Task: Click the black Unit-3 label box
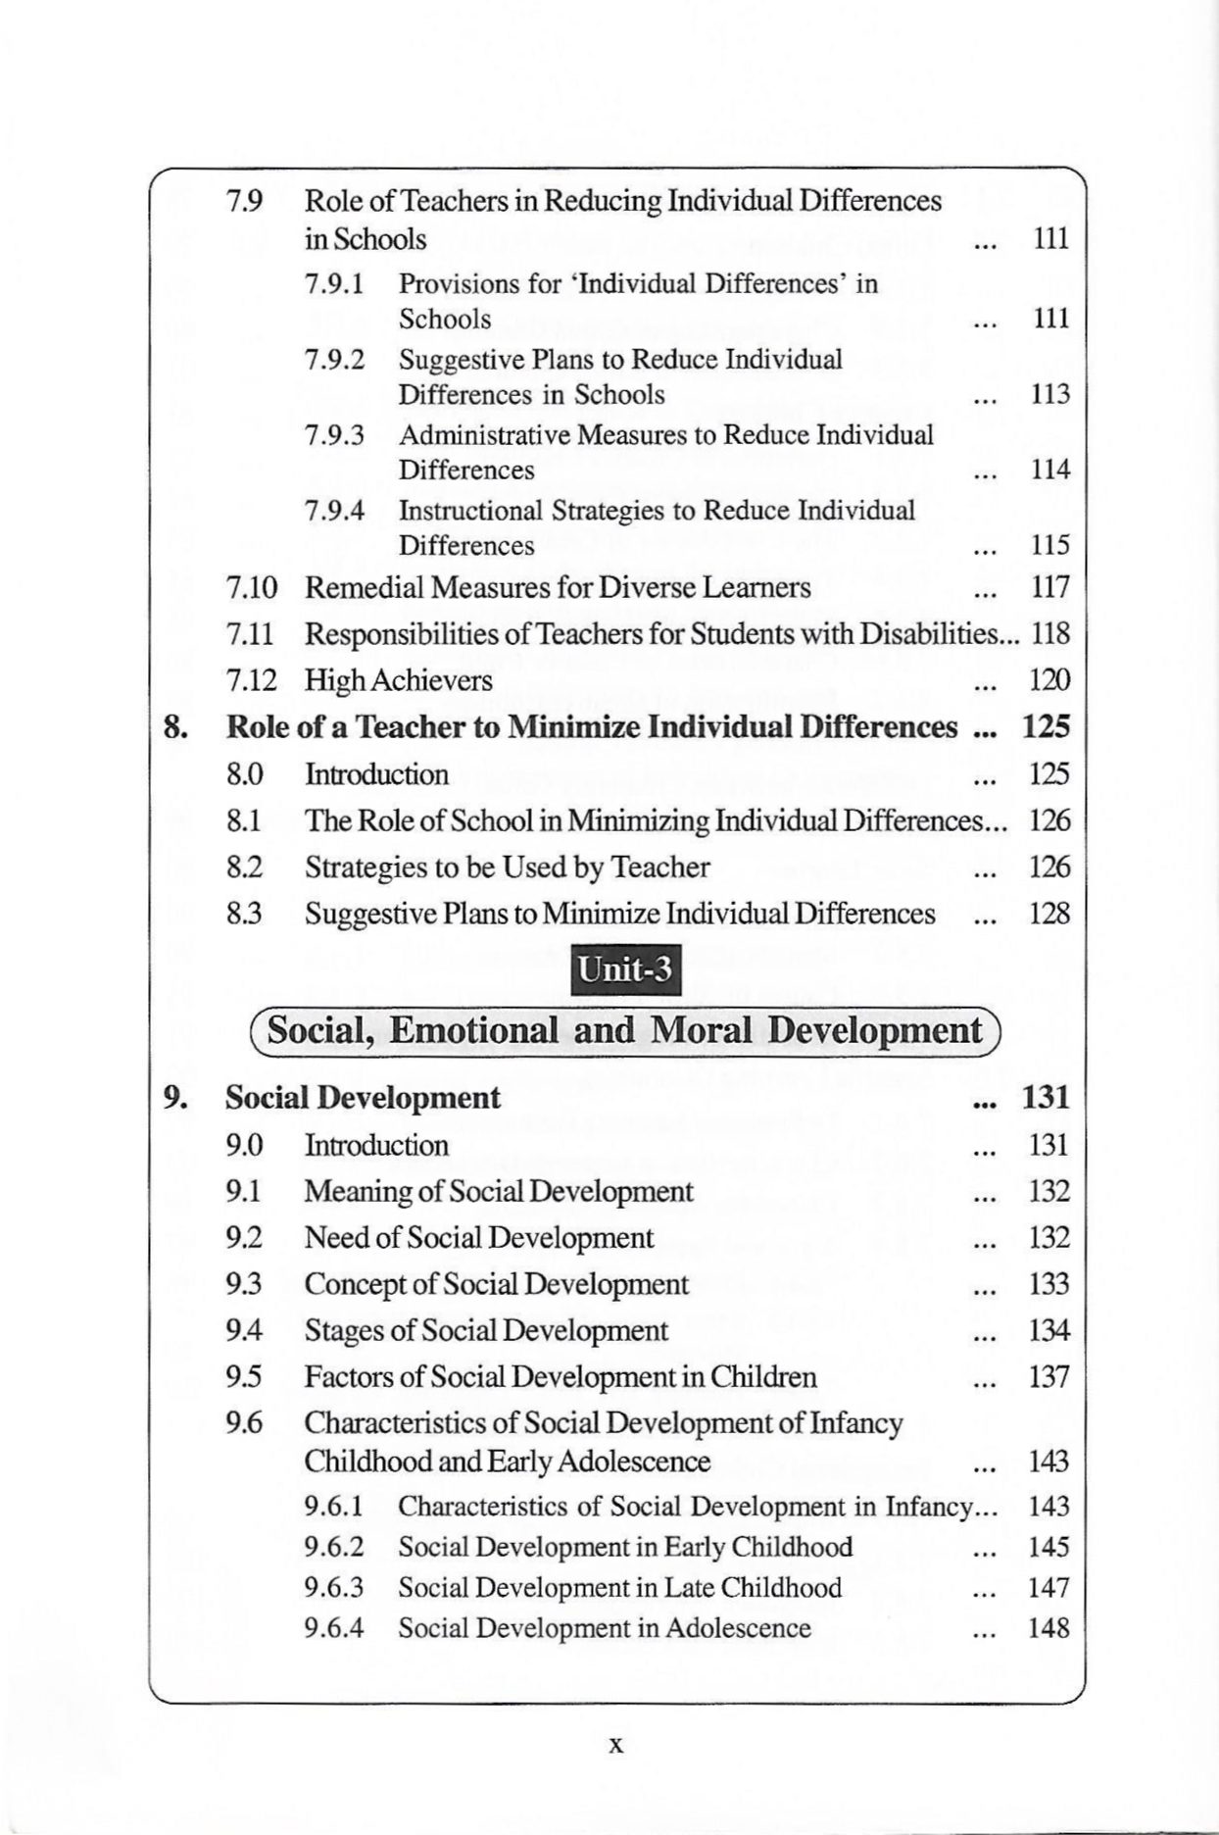click(x=625, y=970)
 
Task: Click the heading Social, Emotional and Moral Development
click(x=624, y=1030)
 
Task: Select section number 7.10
click(x=252, y=588)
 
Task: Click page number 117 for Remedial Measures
click(x=1049, y=588)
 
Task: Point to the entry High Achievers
click(x=399, y=680)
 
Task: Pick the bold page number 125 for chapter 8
click(x=1046, y=727)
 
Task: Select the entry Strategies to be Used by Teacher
click(x=507, y=868)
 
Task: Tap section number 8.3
click(x=244, y=914)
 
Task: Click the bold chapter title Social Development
click(x=363, y=1098)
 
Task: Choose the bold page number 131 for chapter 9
click(x=1046, y=1098)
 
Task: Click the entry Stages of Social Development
click(x=486, y=1331)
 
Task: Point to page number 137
click(x=1048, y=1377)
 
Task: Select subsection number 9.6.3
click(x=334, y=1588)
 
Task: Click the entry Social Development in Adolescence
click(x=605, y=1628)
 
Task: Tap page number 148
click(x=1048, y=1628)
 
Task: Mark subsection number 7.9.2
click(x=334, y=360)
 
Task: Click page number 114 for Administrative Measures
click(x=1049, y=470)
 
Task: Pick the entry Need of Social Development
click(x=478, y=1238)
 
